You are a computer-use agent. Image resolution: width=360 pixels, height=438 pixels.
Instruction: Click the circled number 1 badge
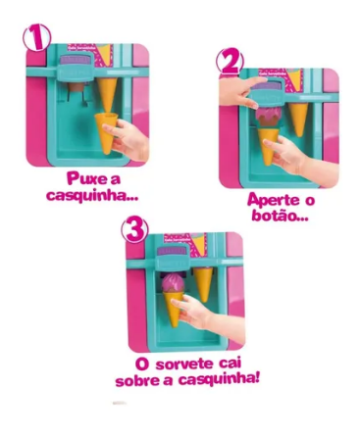[x=36, y=37]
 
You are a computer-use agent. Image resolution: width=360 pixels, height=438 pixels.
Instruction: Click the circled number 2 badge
[x=230, y=62]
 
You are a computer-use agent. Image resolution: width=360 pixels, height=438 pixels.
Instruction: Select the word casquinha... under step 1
[x=92, y=195]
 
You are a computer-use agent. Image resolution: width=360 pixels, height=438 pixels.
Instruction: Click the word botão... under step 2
[x=280, y=216]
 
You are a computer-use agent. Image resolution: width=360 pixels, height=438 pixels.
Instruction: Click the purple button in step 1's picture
[x=77, y=60]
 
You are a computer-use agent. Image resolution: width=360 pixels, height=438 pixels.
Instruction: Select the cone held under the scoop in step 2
[x=269, y=146]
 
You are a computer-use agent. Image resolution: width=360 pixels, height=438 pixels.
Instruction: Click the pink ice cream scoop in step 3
[x=173, y=284]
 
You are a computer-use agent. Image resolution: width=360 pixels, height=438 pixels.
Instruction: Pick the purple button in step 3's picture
[x=172, y=251]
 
